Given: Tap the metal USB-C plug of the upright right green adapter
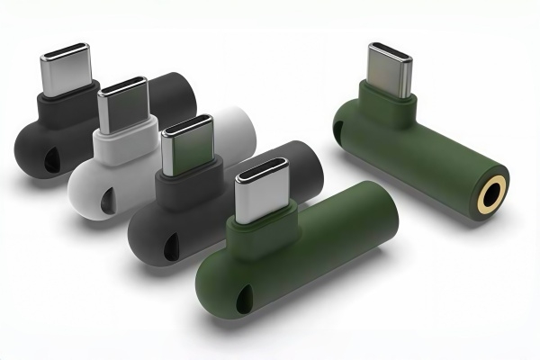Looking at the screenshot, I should tap(389, 66).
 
